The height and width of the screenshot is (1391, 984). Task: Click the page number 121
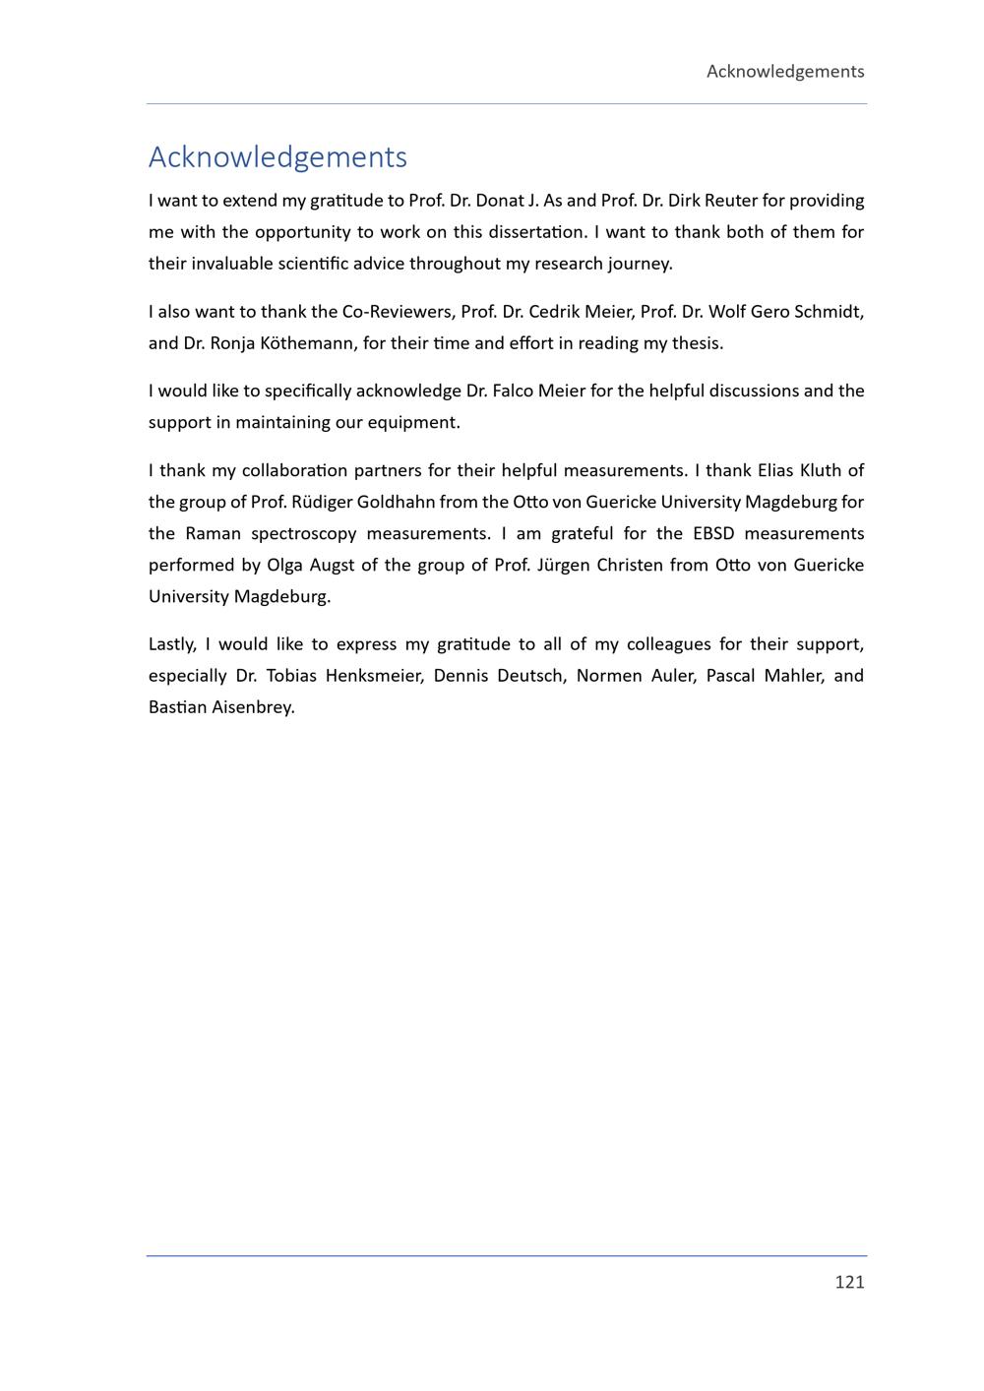tap(849, 1281)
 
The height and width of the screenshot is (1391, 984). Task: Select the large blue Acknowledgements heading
tap(277, 156)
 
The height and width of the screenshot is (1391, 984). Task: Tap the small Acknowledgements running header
tap(785, 71)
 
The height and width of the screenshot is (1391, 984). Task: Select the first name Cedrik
tap(553, 312)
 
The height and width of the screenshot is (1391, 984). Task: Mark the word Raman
tap(213, 533)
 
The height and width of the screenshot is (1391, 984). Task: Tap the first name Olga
tap(284, 565)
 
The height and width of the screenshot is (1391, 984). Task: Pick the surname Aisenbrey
tap(253, 707)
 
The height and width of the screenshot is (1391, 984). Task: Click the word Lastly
tap(172, 644)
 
